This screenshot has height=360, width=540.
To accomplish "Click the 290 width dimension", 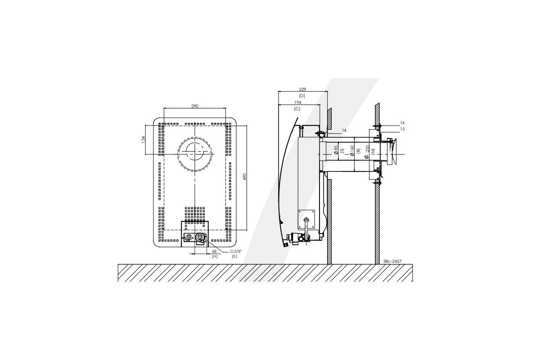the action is [x=194, y=106].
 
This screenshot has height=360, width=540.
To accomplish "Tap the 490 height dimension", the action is [x=245, y=177].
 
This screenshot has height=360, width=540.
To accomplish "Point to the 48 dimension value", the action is [x=214, y=251].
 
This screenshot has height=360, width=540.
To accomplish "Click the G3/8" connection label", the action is [x=235, y=251].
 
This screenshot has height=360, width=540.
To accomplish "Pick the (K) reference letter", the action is [x=234, y=256].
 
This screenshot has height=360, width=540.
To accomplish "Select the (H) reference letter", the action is [x=215, y=256].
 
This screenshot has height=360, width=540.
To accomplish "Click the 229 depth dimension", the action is [x=302, y=90].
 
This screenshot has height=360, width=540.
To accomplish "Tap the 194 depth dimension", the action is [x=297, y=103].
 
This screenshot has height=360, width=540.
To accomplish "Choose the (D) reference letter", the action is [x=302, y=96].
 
